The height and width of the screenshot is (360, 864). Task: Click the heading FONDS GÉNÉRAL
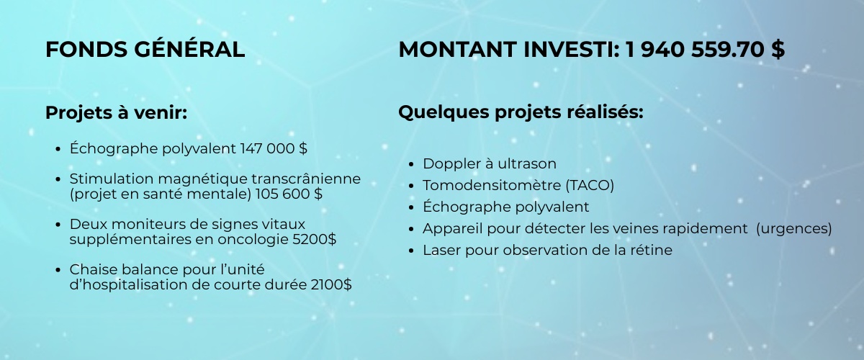145,49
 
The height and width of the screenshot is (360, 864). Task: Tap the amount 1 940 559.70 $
705,50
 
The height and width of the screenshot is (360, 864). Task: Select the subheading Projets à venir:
116,112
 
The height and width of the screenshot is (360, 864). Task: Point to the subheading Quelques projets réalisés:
521,112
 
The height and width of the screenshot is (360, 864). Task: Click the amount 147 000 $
274,148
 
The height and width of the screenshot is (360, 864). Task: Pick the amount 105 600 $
289,194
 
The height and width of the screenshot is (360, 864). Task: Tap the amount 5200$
315,239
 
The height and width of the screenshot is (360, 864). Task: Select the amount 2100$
331,284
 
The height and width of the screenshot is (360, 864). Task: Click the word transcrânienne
306,179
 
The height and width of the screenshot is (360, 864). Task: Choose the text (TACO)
590,186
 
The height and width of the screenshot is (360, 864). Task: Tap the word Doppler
452,164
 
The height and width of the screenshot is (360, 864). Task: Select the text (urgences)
793,229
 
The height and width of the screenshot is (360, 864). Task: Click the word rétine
652,250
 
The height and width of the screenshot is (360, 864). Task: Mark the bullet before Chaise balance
58,270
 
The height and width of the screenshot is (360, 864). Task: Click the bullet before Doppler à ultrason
411,164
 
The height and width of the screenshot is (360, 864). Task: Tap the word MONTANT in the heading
458,50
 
